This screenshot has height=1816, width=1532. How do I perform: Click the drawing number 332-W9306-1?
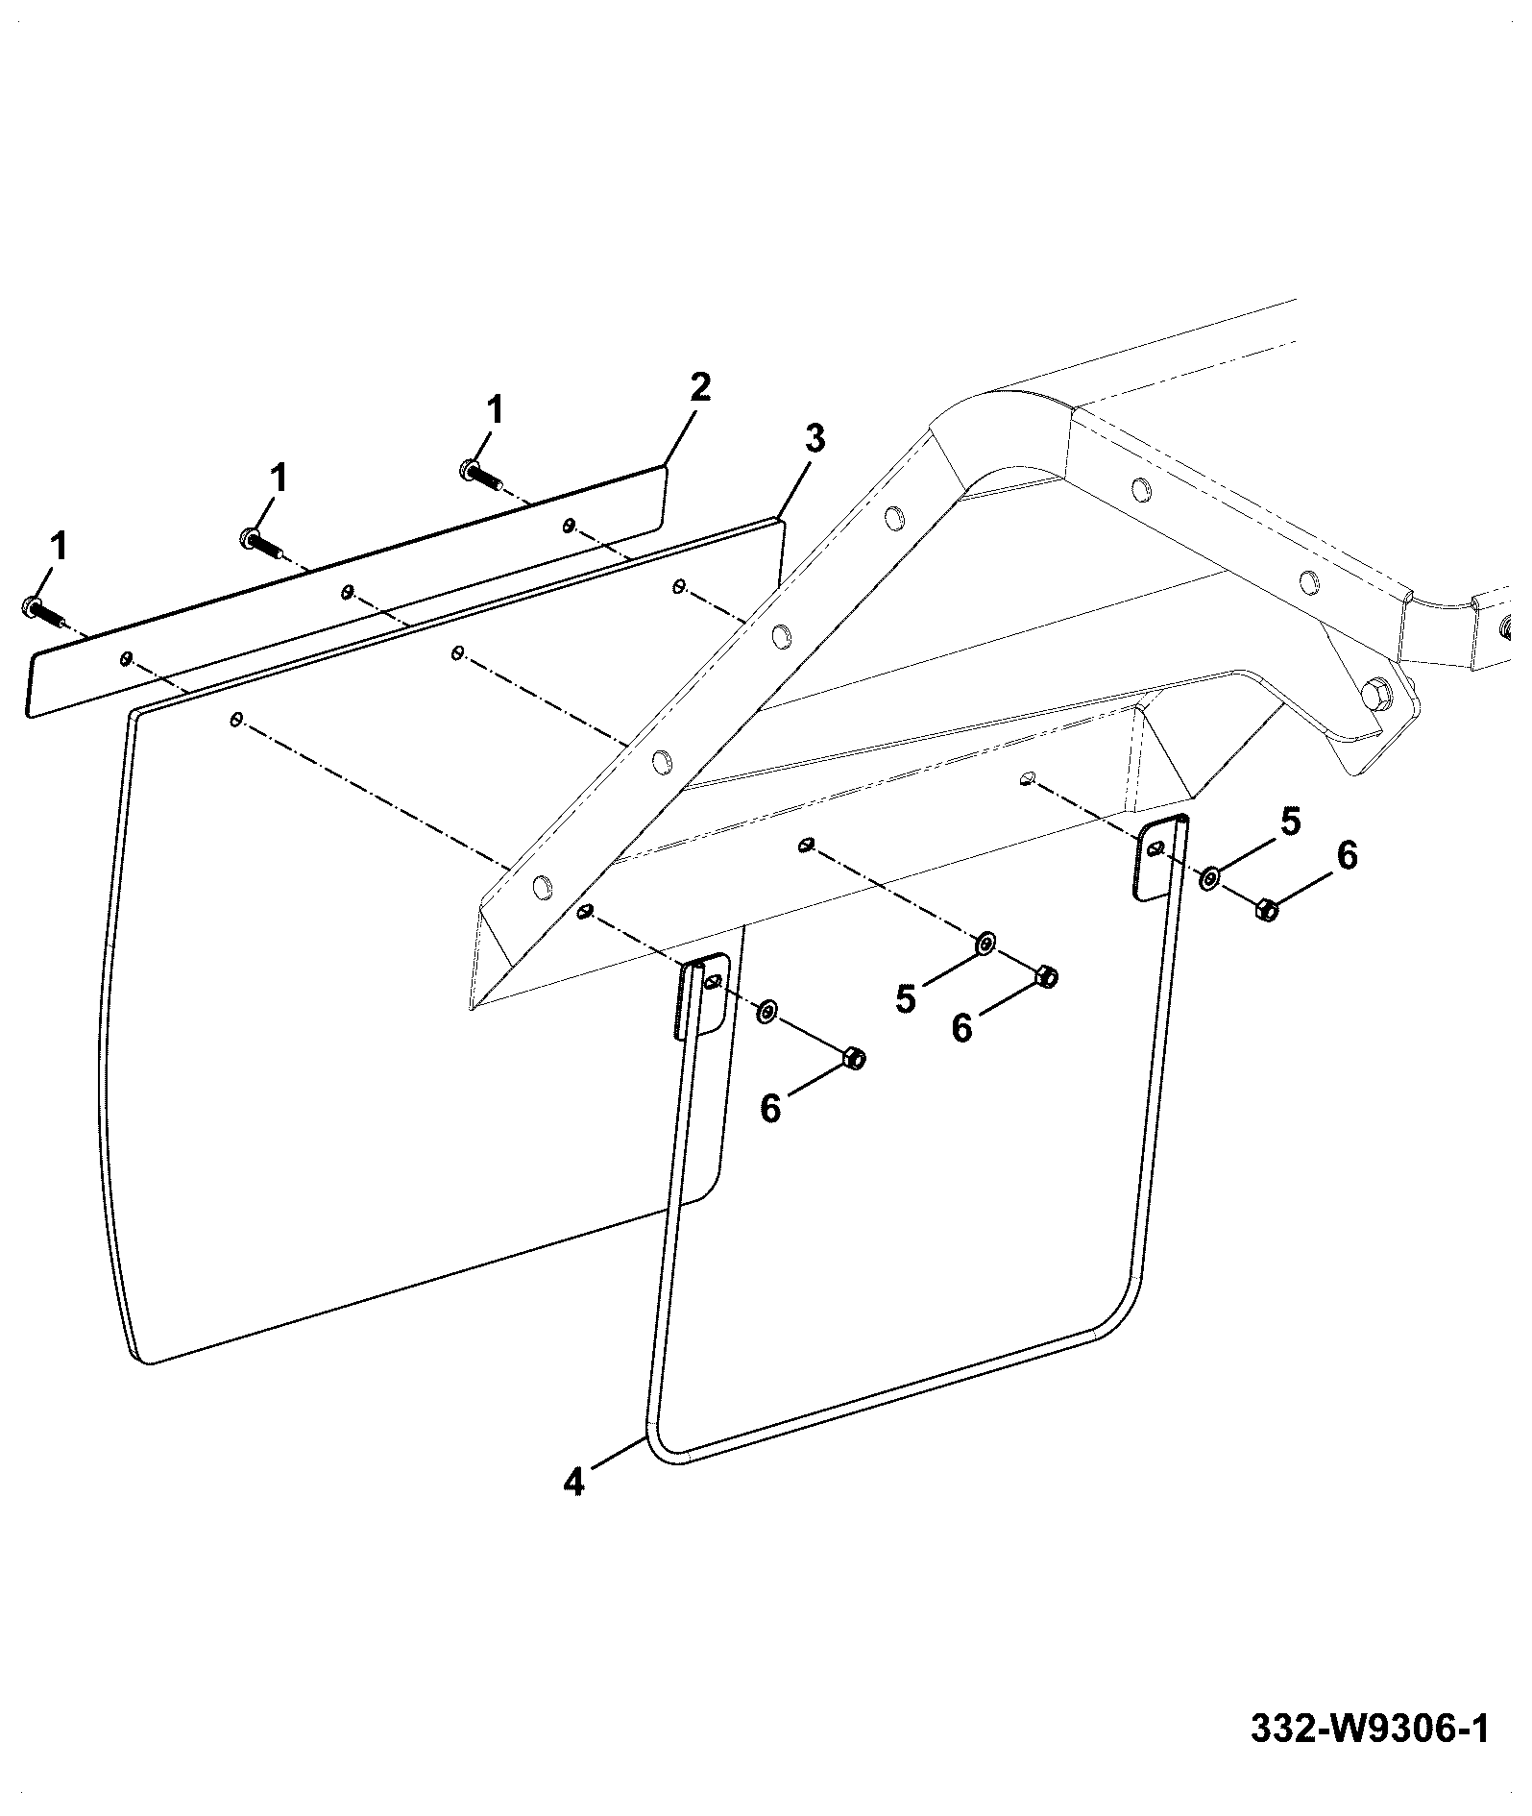point(1370,1729)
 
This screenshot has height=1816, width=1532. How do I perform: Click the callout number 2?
point(699,387)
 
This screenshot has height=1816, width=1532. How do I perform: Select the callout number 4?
point(573,1507)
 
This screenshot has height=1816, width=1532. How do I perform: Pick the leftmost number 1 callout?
point(59,547)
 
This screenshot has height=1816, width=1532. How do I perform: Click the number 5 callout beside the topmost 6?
point(1290,822)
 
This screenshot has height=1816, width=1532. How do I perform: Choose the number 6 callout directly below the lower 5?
point(961,1028)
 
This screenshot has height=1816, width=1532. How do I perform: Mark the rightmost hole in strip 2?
point(569,525)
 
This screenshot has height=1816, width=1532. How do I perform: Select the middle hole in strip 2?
point(347,591)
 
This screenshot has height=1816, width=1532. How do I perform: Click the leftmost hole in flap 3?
point(236,719)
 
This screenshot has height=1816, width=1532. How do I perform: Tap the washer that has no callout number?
point(766,1011)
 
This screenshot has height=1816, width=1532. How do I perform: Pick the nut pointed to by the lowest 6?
point(853,1058)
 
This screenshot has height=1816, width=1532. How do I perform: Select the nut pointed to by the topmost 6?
point(1266,909)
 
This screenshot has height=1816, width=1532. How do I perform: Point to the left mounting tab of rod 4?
point(704,995)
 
